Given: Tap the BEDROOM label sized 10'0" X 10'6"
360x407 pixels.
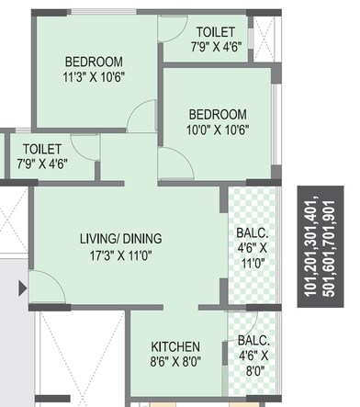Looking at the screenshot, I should tap(218, 114).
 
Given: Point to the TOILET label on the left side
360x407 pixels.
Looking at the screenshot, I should tap(42, 148).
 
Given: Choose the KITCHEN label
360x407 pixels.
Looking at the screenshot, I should tap(175, 346).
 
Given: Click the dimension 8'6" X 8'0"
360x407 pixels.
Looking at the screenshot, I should tap(175, 362).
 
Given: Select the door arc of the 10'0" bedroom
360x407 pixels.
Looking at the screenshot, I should tap(170, 164).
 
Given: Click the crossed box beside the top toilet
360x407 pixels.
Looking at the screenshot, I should tap(263, 36).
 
